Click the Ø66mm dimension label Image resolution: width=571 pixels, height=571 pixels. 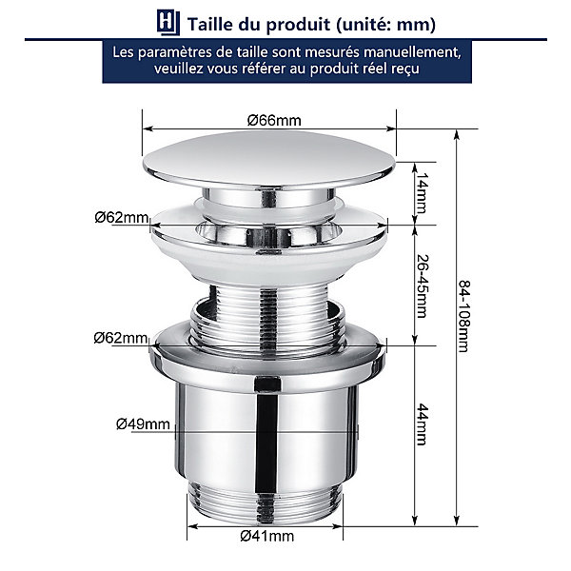pos(274,120)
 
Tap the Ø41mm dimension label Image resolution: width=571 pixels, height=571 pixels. pos(266,536)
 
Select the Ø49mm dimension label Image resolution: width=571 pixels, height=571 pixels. pos(143,424)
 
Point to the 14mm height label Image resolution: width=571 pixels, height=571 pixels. pos(423,193)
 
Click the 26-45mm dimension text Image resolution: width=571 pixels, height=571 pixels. pos(423,286)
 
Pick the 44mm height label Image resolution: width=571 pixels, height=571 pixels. pos(423,424)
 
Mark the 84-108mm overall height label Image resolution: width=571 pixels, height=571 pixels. pos(464,316)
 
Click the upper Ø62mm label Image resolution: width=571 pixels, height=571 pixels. pos(122,218)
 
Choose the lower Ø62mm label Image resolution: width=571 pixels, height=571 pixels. pos(121,338)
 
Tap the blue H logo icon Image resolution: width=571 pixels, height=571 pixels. pos(168,22)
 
